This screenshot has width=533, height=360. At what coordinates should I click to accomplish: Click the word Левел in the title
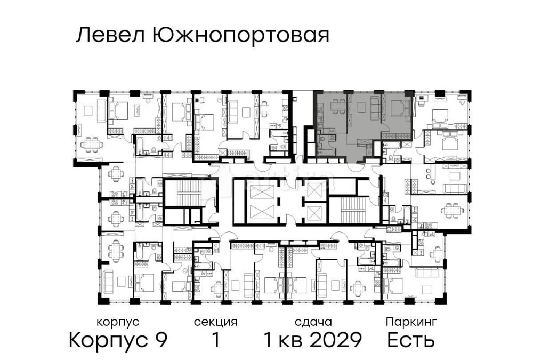pyautogui.click(x=110, y=36)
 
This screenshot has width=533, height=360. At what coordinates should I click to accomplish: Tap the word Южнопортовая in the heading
pyautogui.click(x=240, y=36)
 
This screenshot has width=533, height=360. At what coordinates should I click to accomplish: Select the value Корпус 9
pyautogui.click(x=118, y=339)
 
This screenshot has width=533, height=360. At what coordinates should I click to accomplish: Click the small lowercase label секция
pyautogui.click(x=215, y=322)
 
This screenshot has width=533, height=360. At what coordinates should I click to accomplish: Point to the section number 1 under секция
pyautogui.click(x=215, y=339)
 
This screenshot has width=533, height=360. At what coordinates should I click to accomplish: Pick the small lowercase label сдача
pyautogui.click(x=313, y=322)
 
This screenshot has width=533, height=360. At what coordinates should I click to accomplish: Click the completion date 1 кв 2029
pyautogui.click(x=313, y=339)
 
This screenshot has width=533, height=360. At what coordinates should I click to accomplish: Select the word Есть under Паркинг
pyautogui.click(x=411, y=339)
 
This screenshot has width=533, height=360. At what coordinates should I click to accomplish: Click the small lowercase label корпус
pyautogui.click(x=118, y=322)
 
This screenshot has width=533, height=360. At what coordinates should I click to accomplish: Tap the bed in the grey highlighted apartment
pyautogui.click(x=397, y=108)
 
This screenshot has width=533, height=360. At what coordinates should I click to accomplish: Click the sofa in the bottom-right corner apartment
pyautogui.click(x=429, y=274)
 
